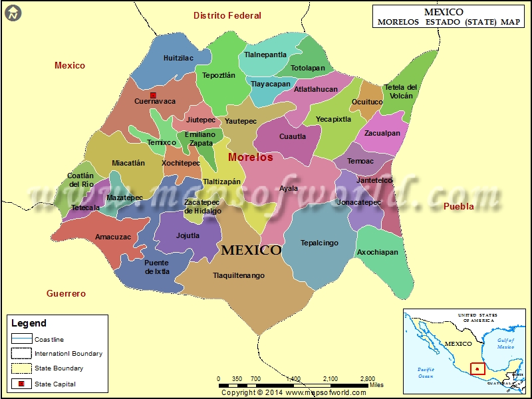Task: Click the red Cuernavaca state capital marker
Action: [153, 96]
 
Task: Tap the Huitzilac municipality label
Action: [178, 58]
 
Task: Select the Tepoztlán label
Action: [219, 75]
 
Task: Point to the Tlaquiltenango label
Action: [239, 275]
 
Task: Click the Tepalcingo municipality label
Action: [319, 243]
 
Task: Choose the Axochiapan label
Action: [378, 252]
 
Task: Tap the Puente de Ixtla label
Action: [157, 267]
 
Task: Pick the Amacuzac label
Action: [113, 237]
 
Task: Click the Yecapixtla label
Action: [333, 120]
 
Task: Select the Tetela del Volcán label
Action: [401, 91]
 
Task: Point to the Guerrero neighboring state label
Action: [66, 293]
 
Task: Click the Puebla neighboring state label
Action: [459, 206]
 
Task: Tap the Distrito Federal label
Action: [227, 15]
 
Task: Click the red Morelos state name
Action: [251, 158]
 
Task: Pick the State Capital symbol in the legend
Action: [21, 384]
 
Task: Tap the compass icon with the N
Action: [12, 12]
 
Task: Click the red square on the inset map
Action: [477, 368]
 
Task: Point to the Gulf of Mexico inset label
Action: [506, 343]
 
